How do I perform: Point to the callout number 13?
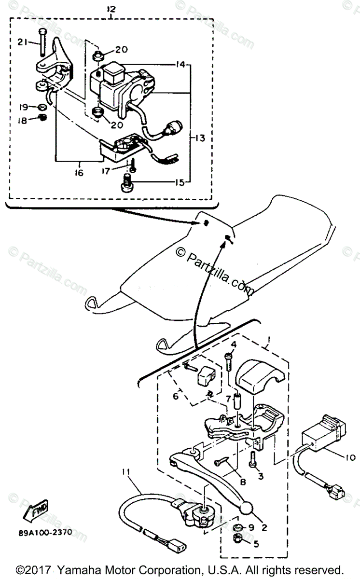point(200,138)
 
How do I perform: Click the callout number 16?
point(79,172)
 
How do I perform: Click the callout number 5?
point(255,544)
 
